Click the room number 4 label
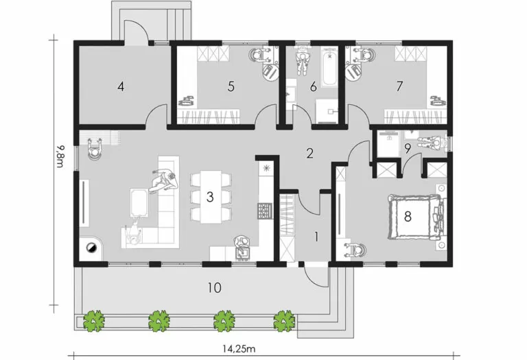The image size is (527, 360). [121, 86]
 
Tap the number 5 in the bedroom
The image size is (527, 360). [231, 86]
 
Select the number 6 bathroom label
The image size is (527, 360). [313, 86]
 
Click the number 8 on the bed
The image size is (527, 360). [408, 217]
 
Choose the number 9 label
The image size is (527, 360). [407, 147]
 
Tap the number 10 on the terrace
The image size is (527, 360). [215, 288]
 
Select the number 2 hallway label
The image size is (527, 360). [310, 153]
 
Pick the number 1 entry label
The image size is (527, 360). [316, 237]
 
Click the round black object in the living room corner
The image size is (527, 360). [89, 248]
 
